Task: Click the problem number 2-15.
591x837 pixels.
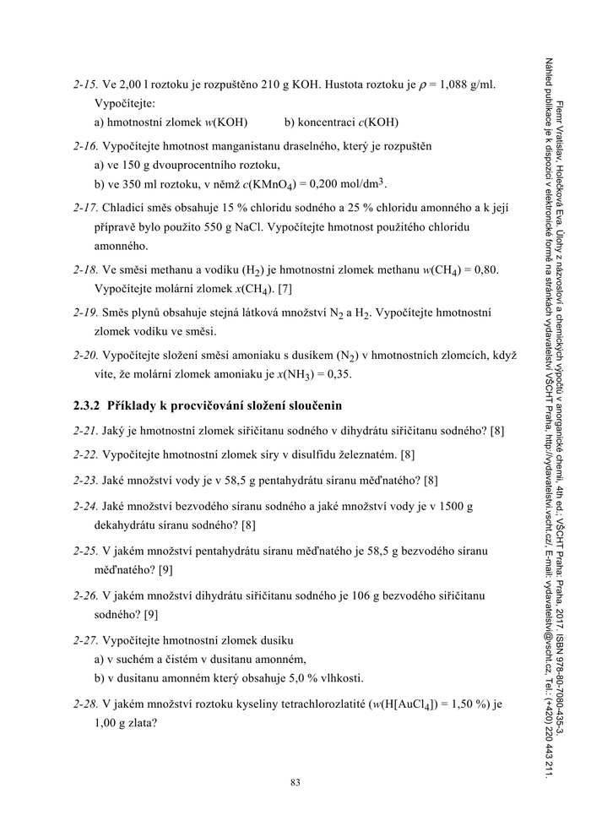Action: coord(86,85)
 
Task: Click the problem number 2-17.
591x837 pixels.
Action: coord(86,208)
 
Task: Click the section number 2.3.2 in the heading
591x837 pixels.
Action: coord(87,406)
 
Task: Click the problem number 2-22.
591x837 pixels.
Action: coord(86,455)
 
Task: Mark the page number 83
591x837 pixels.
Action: coord(295,782)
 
